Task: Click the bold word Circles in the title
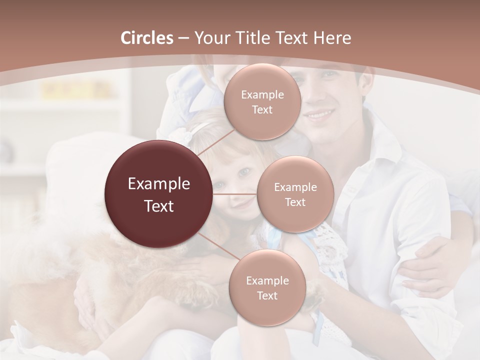point(147,38)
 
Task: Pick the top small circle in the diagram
point(262,101)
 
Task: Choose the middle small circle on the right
point(295,194)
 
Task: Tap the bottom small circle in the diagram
point(267,287)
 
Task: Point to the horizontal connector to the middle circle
point(235,194)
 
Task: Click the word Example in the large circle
point(159,184)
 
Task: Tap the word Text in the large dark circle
point(159,206)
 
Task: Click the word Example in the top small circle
point(262,94)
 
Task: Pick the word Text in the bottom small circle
point(267,295)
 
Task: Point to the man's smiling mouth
point(320,116)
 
